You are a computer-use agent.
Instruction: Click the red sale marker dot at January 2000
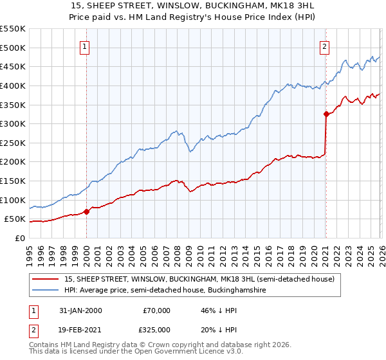coord(86,212)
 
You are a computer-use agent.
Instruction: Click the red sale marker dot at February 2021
coord(326,114)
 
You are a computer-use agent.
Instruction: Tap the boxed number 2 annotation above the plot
coord(326,46)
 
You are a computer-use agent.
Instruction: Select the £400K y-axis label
coord(13,85)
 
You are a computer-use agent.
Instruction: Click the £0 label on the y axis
coord(19,238)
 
